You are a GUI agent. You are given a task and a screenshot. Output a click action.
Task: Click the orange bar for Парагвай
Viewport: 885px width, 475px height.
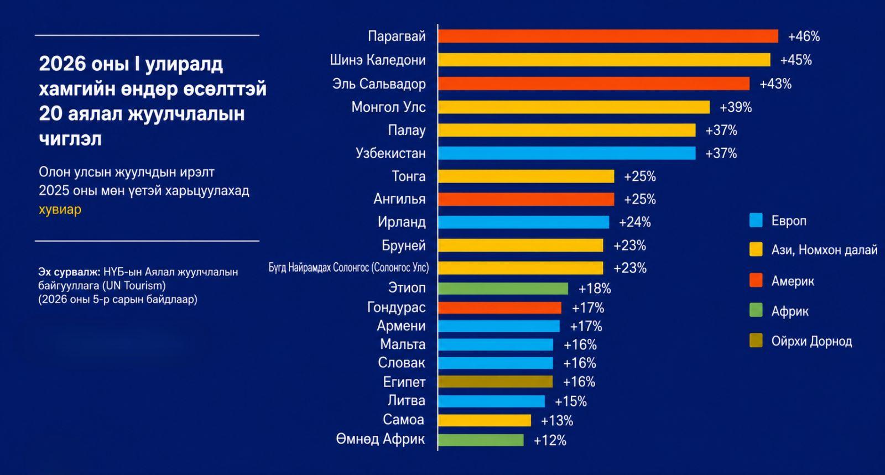(x=608, y=36)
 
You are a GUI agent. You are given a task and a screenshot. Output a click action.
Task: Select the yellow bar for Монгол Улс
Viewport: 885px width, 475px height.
(x=574, y=107)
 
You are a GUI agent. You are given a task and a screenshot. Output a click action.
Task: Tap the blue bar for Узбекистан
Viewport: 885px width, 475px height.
(x=566, y=153)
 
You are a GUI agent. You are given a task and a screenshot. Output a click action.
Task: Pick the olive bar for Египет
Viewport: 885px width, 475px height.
(x=495, y=382)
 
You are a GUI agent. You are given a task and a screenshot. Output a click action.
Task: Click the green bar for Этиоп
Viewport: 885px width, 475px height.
(x=503, y=289)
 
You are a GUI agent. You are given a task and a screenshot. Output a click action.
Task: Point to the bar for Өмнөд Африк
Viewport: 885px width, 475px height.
(x=481, y=440)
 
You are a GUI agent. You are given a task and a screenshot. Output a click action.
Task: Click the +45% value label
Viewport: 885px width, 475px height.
(x=796, y=60)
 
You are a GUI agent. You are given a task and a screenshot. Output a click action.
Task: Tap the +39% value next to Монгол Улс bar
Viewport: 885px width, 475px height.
(x=736, y=107)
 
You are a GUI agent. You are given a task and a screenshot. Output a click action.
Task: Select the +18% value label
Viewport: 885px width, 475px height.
(x=595, y=289)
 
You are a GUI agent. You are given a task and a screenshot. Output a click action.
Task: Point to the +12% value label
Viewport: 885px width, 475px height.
(x=550, y=440)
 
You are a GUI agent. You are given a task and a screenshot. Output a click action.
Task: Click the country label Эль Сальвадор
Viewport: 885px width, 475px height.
(x=379, y=84)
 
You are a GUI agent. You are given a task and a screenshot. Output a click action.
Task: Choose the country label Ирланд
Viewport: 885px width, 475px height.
(x=402, y=222)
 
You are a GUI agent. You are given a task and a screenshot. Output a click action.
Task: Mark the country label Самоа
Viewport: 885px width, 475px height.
(x=403, y=420)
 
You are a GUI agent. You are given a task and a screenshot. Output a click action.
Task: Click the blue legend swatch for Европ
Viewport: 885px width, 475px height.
(x=756, y=220)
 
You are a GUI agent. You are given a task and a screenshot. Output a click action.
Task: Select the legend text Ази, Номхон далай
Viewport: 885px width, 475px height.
(x=824, y=250)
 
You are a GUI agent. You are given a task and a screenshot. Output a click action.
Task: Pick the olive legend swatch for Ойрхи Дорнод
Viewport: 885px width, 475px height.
(x=756, y=341)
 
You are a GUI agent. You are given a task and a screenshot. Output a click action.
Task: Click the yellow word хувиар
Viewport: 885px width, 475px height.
(x=60, y=210)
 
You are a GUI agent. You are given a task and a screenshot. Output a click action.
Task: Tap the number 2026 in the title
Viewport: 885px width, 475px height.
(x=63, y=64)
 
